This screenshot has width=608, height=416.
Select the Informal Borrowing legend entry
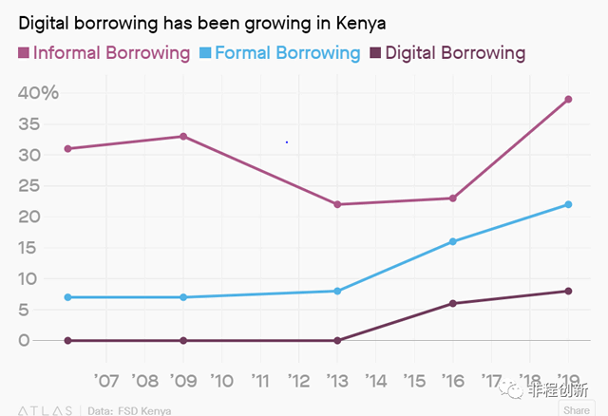(104, 52)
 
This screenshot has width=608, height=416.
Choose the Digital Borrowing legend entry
(446, 52)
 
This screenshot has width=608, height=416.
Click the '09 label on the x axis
(182, 381)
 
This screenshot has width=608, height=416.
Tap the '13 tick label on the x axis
(337, 381)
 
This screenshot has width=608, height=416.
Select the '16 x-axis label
(453, 381)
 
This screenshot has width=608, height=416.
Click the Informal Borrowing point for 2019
(568, 99)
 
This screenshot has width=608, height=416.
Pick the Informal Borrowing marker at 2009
(182, 136)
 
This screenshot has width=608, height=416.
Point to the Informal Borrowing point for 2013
(337, 204)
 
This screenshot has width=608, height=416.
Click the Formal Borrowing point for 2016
(453, 241)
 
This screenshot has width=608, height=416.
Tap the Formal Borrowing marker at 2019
(568, 204)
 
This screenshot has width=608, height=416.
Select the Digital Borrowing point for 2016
(453, 303)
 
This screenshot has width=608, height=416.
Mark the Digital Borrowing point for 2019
(568, 291)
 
